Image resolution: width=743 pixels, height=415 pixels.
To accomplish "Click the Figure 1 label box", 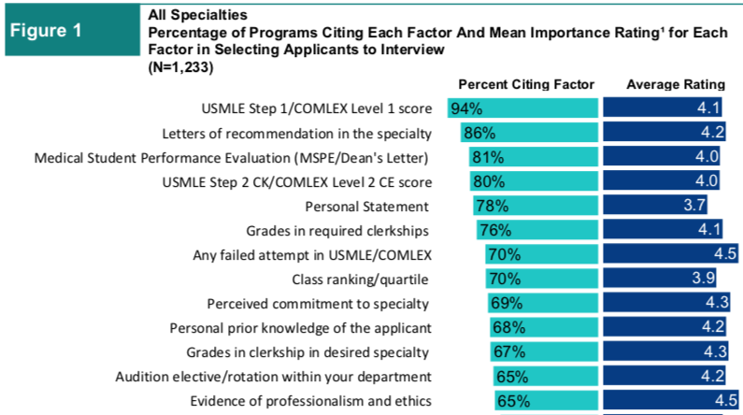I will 66,30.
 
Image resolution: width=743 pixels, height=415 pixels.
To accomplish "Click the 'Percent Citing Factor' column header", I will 526,84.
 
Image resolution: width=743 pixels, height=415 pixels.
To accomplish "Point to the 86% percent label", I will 479,133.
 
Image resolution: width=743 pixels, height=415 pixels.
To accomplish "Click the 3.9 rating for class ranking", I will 700,279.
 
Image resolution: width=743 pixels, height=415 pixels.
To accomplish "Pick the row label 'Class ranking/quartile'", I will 361,279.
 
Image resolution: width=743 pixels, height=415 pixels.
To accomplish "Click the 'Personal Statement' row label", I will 367,206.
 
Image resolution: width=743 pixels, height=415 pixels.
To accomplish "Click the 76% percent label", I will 495,230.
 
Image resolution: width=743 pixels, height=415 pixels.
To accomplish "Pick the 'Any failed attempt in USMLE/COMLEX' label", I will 311,254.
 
